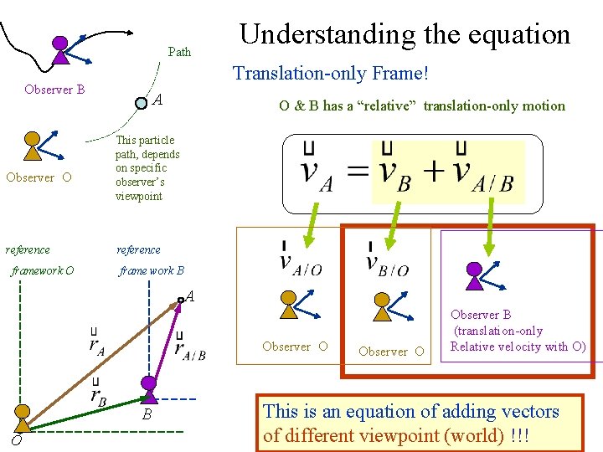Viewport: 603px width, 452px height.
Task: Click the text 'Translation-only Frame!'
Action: tap(331, 74)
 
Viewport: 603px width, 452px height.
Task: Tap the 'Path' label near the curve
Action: tap(179, 52)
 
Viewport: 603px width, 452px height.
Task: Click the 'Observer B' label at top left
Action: tap(54, 90)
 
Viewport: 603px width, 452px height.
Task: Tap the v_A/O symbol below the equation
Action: tap(296, 260)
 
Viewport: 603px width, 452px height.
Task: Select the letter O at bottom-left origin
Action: tap(16, 441)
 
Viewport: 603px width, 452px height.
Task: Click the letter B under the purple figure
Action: tap(146, 414)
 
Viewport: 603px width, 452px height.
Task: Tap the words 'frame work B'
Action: tap(152, 271)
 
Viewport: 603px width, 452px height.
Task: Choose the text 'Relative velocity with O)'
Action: tap(518, 347)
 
